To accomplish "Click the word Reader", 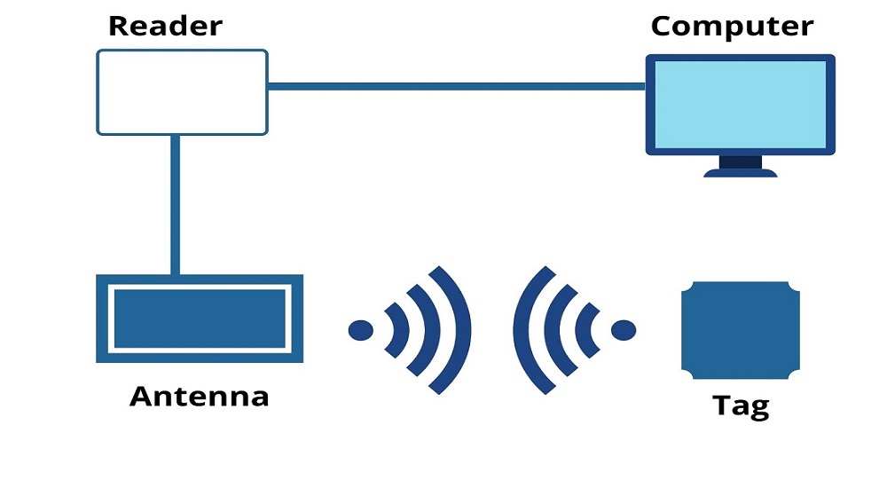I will pos(165,25).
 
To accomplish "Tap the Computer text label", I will pos(732,25).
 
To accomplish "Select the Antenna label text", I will pos(200,395).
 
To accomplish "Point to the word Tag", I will pos(741,405).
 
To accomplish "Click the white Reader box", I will pos(182,92).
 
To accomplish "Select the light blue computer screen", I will pos(740,104).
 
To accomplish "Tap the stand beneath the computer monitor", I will pos(740,167).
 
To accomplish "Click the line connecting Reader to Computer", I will pos(456,86).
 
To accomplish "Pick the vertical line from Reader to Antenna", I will pos(175,204).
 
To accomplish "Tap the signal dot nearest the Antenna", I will pos(360,330).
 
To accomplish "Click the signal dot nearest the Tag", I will pos(624,330).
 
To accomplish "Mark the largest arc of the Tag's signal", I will pos(525,330).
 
